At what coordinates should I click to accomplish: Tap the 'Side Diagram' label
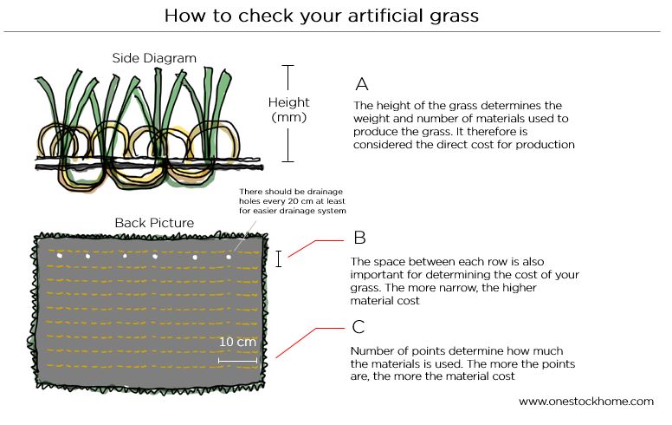[x=154, y=58]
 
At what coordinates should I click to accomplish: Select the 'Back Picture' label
[x=154, y=223]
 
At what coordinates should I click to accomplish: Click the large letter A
[x=362, y=84]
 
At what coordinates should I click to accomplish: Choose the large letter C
[x=359, y=327]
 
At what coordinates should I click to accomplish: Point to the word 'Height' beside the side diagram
[x=288, y=101]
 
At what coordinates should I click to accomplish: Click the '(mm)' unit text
[x=288, y=116]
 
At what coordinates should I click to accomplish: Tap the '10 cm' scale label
[x=237, y=342]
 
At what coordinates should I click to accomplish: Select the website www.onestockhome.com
[x=585, y=402]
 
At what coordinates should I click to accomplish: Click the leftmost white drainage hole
[x=59, y=256]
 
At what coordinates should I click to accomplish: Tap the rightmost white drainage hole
[x=229, y=257]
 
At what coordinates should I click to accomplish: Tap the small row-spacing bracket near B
[x=278, y=258]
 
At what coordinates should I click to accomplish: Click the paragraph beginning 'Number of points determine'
[x=449, y=363]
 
